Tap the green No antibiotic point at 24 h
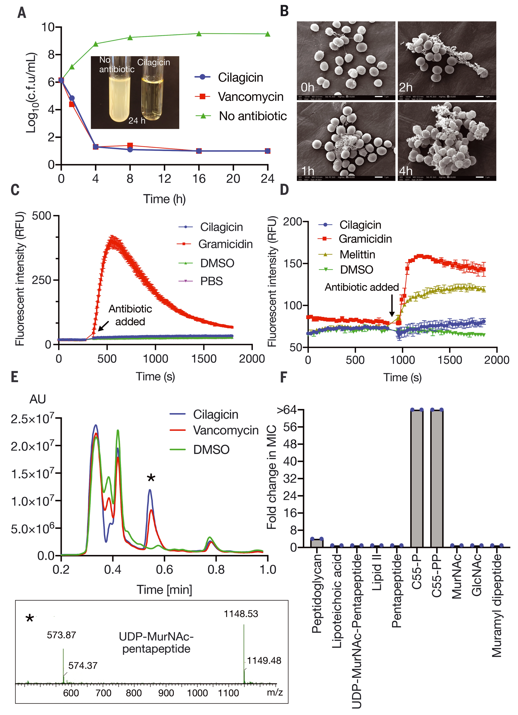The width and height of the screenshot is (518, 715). tap(268, 34)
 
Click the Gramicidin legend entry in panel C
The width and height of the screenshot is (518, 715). tap(225, 244)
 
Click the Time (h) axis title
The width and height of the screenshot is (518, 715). tap(164, 199)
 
